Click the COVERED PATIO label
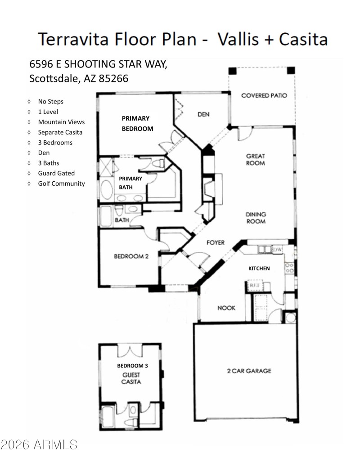pyautogui.click(x=264, y=95)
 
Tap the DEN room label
pyautogui.click(x=203, y=114)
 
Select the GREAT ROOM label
pyautogui.click(x=255, y=160)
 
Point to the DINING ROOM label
pyautogui.click(x=255, y=218)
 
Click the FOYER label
pyautogui.click(x=215, y=242)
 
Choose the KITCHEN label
pyautogui.click(x=259, y=268)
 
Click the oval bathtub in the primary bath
pyautogui.click(x=107, y=190)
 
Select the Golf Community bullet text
pyautogui.click(x=61, y=184)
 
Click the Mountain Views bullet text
pyautogui.click(x=61, y=122)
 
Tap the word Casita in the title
pyautogui.click(x=302, y=39)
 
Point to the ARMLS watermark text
pyautogui.click(x=40, y=445)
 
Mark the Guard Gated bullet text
pyautogui.click(x=56, y=173)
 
